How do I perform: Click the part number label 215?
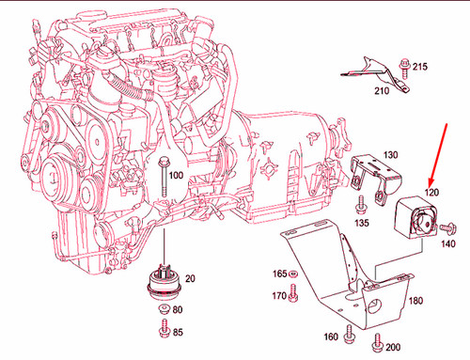click(419, 66)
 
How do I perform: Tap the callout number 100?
click(176, 175)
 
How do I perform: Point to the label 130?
click(390, 154)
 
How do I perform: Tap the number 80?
click(177, 311)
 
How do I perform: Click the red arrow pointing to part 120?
click(437, 159)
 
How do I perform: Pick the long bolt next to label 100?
click(163, 179)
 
